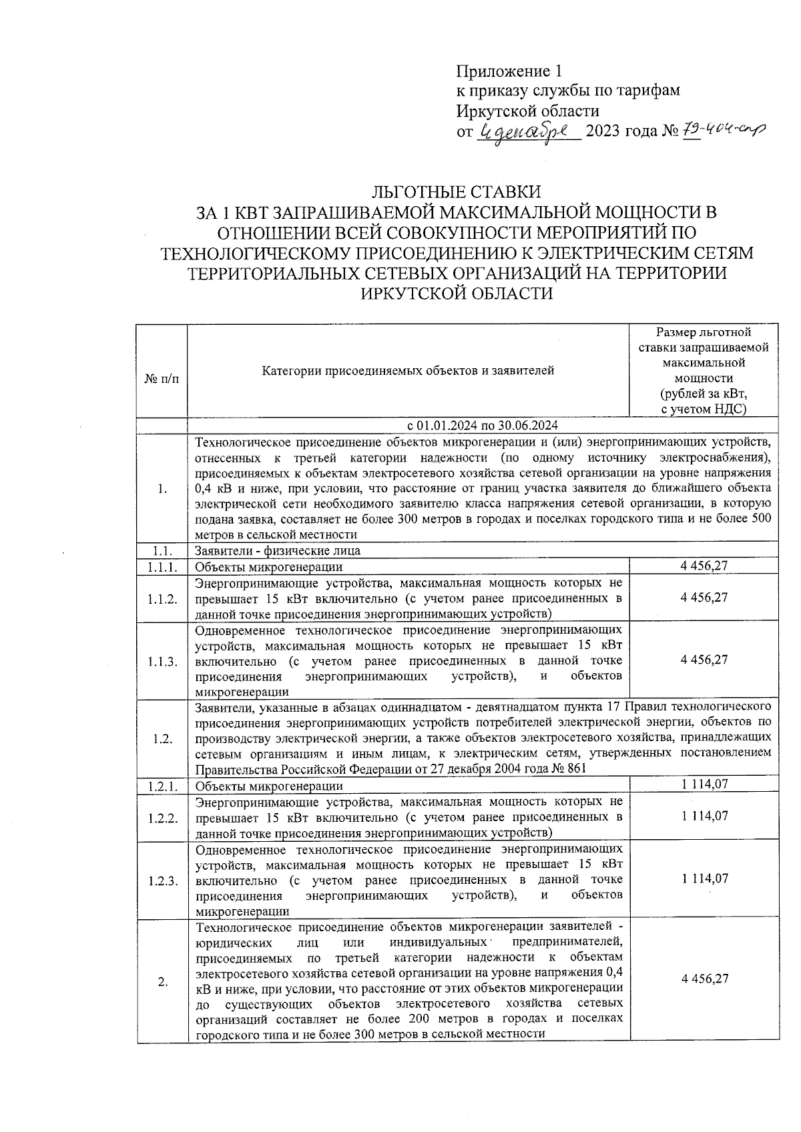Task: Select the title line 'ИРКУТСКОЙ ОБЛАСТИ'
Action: [457, 294]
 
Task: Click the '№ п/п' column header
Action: [162, 378]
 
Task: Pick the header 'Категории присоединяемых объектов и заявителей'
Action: [408, 370]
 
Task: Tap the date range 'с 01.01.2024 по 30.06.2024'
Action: [483, 426]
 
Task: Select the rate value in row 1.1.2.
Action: [704, 598]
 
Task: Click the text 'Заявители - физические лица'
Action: [278, 551]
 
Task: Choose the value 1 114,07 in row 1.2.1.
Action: [705, 785]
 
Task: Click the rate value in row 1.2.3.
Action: [705, 879]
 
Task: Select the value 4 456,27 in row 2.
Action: [704, 979]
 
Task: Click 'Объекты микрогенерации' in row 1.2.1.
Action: [269, 786]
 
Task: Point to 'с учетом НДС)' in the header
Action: [704, 409]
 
